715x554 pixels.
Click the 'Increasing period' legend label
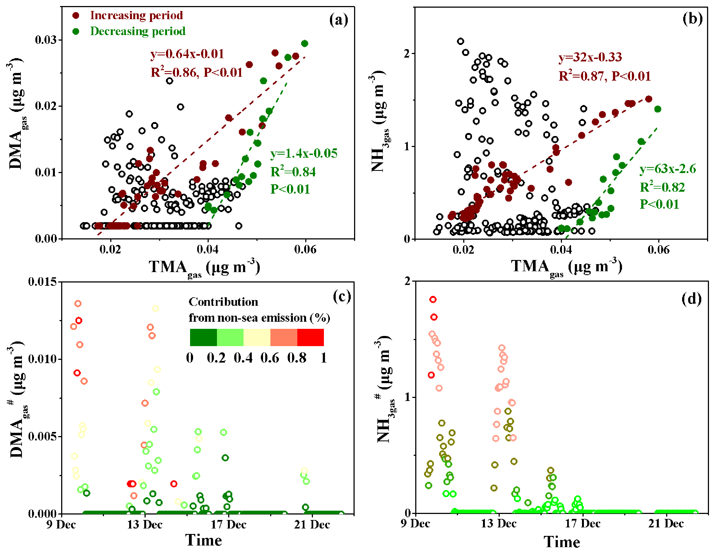[x=136, y=15]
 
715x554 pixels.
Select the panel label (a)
[x=338, y=20]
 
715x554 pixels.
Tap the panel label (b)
[x=693, y=18]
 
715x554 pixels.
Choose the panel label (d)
[x=691, y=298]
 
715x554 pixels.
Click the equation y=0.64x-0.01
[x=187, y=54]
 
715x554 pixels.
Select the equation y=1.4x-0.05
[x=304, y=153]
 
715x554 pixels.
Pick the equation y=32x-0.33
[x=590, y=57]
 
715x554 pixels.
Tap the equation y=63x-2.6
[x=668, y=169]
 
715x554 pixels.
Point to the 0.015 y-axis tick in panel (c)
[x=42, y=282]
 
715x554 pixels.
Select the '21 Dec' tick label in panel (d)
[x=666, y=524]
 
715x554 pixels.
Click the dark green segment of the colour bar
[x=203, y=337]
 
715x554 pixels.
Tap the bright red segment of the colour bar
[x=310, y=337]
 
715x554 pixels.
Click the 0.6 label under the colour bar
[x=270, y=358]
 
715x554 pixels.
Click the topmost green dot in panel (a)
[x=304, y=44]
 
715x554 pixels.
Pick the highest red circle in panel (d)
[x=433, y=299]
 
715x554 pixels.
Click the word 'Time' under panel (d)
[x=562, y=542]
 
